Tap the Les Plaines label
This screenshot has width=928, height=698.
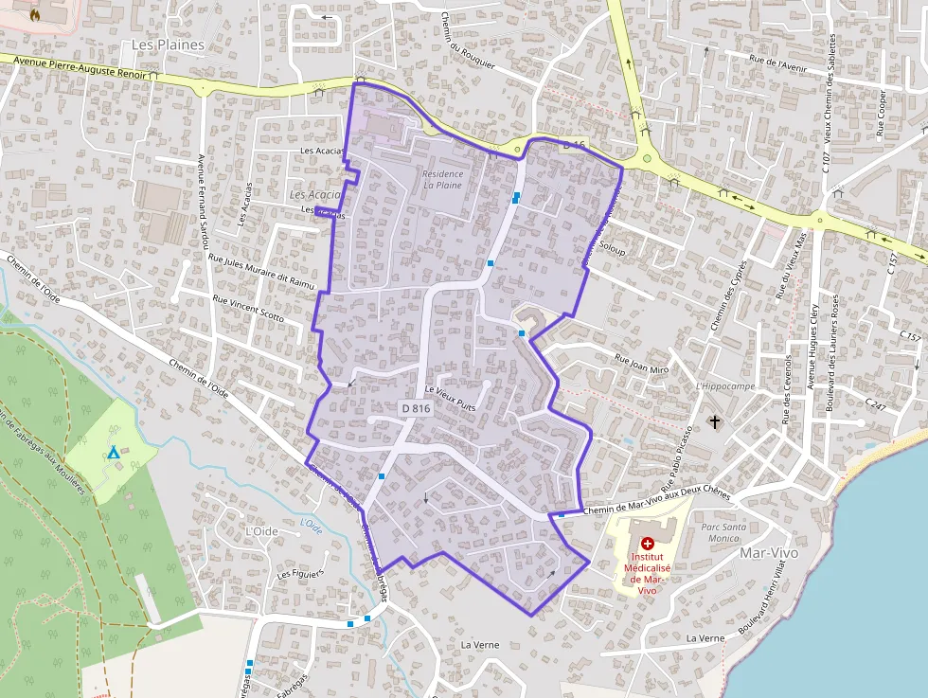(x=168, y=45)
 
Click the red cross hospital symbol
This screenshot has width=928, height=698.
(x=647, y=544)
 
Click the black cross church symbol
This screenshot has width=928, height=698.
(x=715, y=421)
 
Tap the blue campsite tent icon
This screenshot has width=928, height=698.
(x=114, y=453)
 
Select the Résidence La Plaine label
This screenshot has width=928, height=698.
(x=443, y=180)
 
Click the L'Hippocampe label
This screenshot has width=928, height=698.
(x=724, y=386)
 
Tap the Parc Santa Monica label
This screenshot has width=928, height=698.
(x=723, y=532)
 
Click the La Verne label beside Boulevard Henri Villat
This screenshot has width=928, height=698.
(x=705, y=638)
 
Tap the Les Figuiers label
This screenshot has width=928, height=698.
(x=300, y=573)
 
